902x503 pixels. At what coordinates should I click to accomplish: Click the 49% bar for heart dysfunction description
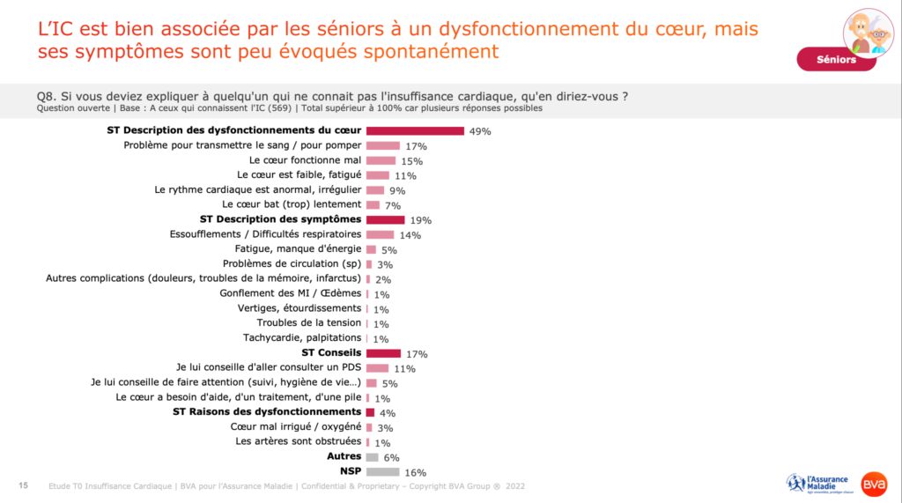tap(415, 131)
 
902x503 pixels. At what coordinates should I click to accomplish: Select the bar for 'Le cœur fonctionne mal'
tap(381, 160)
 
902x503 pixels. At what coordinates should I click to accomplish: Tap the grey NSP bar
tap(381, 471)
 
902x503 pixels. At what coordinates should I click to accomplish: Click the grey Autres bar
tap(372, 456)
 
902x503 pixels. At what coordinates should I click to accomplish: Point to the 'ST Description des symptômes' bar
tap(385, 219)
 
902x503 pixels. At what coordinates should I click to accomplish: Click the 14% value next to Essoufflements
tap(410, 235)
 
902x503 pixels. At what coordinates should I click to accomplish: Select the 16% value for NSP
tap(415, 472)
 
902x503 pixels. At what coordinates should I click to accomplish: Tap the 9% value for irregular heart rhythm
tap(397, 190)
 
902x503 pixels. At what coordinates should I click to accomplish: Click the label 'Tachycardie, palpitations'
tap(302, 337)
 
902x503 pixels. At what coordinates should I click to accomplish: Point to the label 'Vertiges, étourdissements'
tap(299, 308)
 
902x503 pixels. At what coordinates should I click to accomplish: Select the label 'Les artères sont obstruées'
tap(299, 441)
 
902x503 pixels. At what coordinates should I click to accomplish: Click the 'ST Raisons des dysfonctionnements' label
tap(267, 411)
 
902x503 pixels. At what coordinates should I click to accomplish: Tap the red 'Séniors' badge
tap(836, 60)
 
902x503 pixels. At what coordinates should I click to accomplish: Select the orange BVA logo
tap(874, 484)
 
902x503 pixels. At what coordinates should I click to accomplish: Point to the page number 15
tap(23, 485)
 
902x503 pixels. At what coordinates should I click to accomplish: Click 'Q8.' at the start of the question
tap(47, 96)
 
